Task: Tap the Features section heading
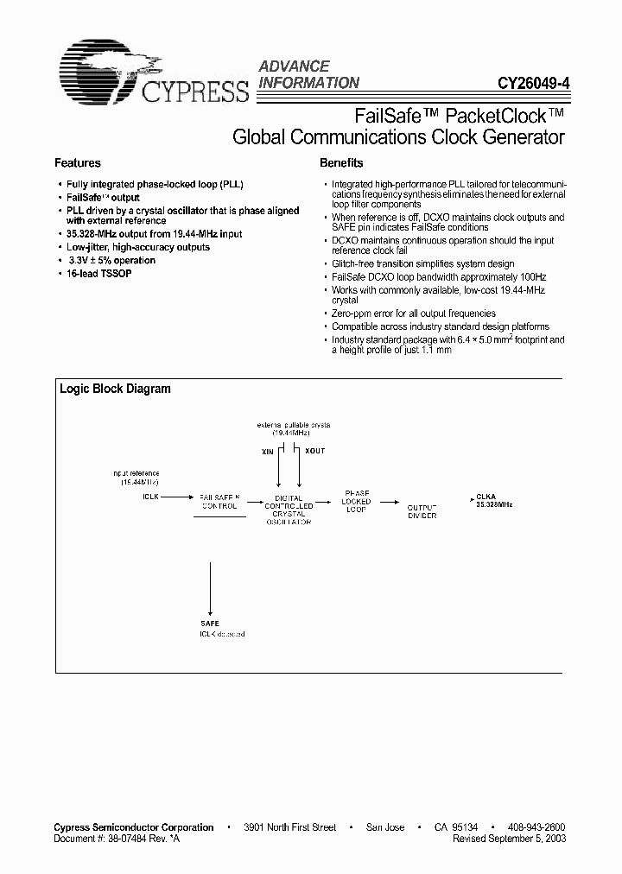(x=78, y=162)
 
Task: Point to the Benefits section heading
(x=341, y=162)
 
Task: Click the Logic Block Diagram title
(x=115, y=389)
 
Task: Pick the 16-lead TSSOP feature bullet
(x=98, y=273)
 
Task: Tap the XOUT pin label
(x=314, y=452)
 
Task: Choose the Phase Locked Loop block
(x=356, y=502)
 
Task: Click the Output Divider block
(x=422, y=510)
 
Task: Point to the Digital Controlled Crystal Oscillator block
(x=288, y=510)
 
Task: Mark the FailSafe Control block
(x=219, y=503)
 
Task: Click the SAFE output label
(x=209, y=623)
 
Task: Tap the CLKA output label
(x=486, y=497)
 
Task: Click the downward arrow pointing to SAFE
(x=209, y=587)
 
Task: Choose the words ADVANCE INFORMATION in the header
(x=309, y=74)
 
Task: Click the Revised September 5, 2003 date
(x=511, y=838)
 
